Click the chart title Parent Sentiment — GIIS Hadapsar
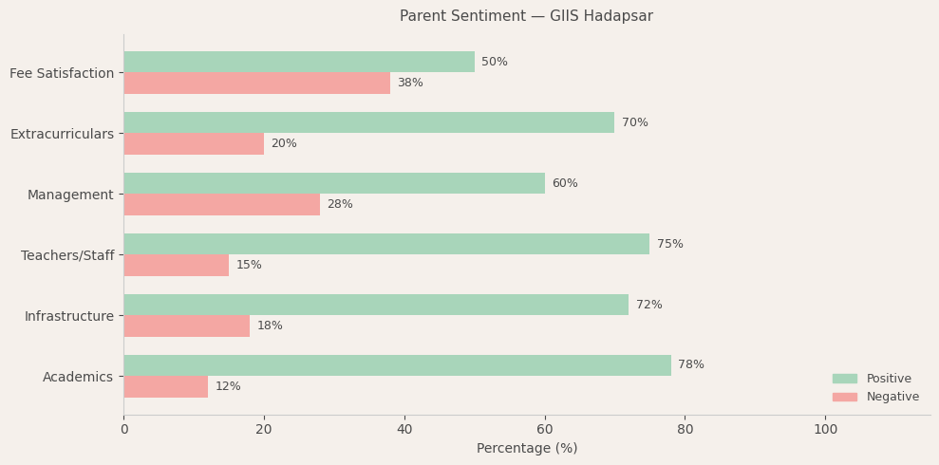(x=526, y=16)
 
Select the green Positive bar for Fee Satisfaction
(x=299, y=62)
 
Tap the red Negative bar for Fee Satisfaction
(x=256, y=84)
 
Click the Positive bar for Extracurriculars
(x=368, y=122)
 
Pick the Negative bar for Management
(x=221, y=205)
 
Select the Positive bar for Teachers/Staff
(x=386, y=244)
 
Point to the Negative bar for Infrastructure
(x=186, y=326)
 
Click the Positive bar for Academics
(x=397, y=365)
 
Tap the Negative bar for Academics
(x=165, y=387)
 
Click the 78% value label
(x=691, y=365)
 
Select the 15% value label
(x=249, y=266)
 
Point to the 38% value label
(x=410, y=84)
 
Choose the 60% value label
(x=565, y=184)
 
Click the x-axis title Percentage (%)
(x=527, y=449)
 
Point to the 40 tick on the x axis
(x=404, y=430)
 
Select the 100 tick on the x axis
(x=825, y=430)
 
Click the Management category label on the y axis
(x=70, y=195)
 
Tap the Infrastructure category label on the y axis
(x=68, y=317)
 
